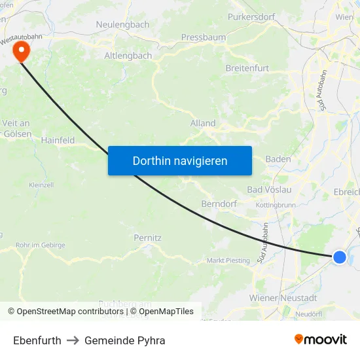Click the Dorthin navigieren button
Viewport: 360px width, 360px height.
[179, 160]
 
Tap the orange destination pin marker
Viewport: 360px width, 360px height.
[22, 50]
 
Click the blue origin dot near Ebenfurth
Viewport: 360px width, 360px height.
[339, 257]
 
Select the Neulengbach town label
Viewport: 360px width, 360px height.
[123, 24]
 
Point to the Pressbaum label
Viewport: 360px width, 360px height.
[203, 37]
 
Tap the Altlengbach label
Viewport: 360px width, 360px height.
[128, 56]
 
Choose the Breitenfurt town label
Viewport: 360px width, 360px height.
[247, 68]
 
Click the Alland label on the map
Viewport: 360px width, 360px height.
[203, 123]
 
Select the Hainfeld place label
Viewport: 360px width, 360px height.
[58, 140]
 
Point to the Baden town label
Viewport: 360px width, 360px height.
[278, 159]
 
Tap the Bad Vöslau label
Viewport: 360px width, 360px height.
[269, 189]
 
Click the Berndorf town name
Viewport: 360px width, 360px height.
[219, 204]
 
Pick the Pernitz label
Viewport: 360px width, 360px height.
[147, 238]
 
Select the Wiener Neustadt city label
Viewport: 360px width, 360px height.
[283, 298]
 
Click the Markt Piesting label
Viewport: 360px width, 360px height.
[228, 261]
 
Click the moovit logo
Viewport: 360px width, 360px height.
[321, 339]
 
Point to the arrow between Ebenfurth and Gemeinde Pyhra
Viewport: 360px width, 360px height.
[73, 340]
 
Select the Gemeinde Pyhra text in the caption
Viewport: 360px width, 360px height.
[124, 340]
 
